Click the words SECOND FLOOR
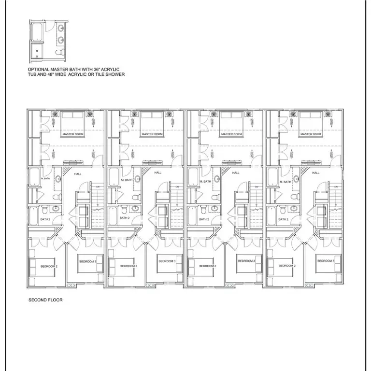45,300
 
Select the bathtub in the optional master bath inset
37,32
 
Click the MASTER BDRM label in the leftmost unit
72,134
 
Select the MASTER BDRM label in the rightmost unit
311,134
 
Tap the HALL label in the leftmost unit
78,173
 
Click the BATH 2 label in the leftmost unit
45,219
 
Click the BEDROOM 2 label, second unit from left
128,266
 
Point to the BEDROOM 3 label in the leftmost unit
87,261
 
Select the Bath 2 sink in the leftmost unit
56,209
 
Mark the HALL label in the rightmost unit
316,173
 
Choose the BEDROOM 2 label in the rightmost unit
287,266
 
